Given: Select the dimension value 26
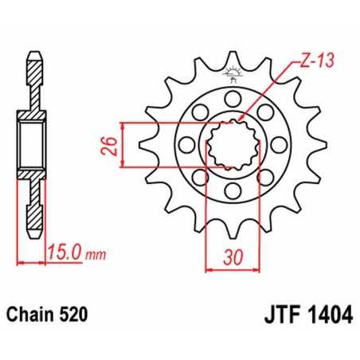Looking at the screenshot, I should [x=112, y=145].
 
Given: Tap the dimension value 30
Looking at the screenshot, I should [x=232, y=257].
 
